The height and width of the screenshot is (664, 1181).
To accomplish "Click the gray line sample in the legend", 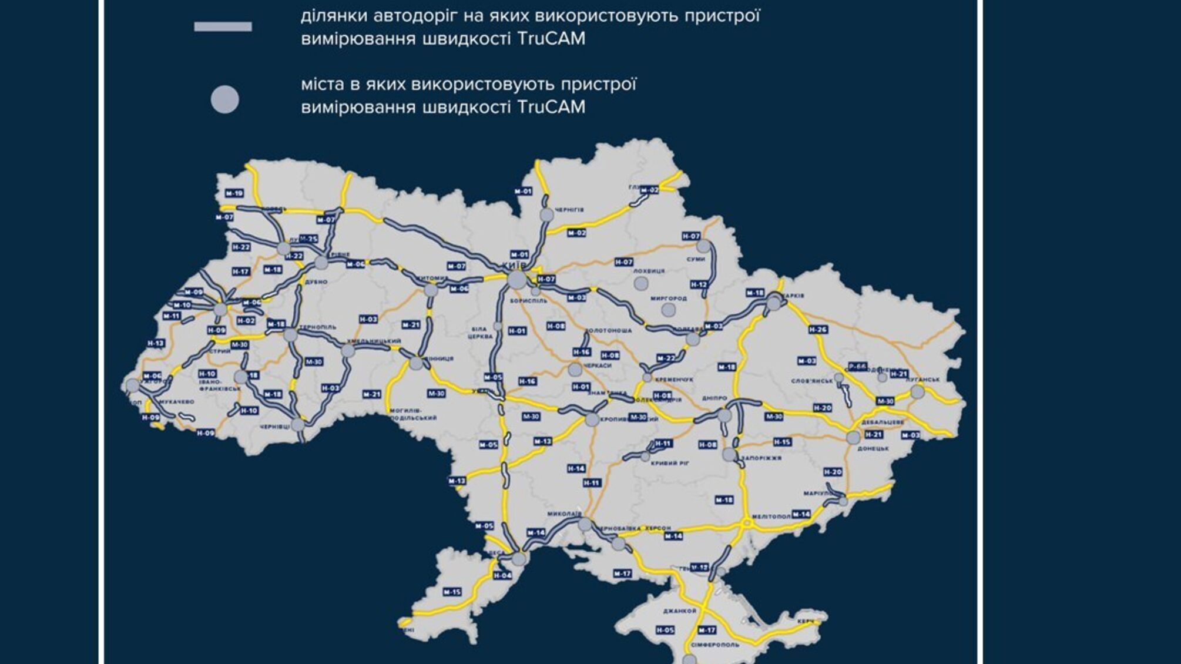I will (223, 26).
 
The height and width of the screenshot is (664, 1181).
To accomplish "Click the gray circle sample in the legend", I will (224, 99).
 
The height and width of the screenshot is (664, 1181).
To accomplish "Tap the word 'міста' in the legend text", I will (321, 85).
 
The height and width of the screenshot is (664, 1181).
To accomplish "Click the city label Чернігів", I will (569, 210).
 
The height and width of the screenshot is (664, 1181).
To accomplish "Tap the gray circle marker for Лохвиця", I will (641, 284).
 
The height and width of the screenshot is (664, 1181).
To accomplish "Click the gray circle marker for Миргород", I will (668, 310).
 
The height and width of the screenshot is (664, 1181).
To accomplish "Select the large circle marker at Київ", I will (517, 280).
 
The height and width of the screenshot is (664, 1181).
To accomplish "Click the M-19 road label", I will (234, 193).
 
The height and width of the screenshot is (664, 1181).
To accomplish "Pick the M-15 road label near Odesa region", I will (452, 592).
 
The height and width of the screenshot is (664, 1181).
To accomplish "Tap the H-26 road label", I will (818, 330).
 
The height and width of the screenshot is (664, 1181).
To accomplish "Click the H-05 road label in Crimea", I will (665, 630).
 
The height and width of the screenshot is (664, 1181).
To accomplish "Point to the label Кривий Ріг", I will (670, 464).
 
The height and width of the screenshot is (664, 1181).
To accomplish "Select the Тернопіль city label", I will (318, 327).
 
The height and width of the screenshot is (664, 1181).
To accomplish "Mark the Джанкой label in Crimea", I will (679, 611).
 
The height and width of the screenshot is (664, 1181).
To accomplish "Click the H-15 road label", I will (782, 442).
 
